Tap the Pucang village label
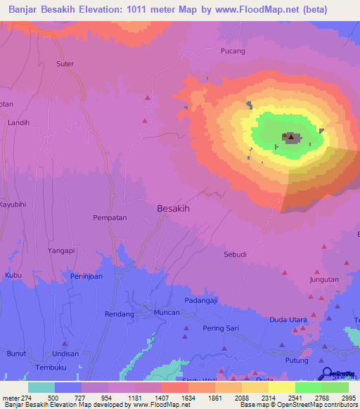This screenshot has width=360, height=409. (x=233, y=51)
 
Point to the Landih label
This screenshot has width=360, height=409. (x=18, y=122)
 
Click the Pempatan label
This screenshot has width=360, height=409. (x=110, y=218)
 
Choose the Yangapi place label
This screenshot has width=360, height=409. (x=60, y=250)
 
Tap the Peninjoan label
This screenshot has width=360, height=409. (x=87, y=277)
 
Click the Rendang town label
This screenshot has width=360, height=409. (x=99, y=313)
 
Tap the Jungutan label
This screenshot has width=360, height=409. (x=323, y=280)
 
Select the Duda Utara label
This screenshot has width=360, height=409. (x=288, y=320)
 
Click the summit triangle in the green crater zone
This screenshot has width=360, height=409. (x=291, y=136)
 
